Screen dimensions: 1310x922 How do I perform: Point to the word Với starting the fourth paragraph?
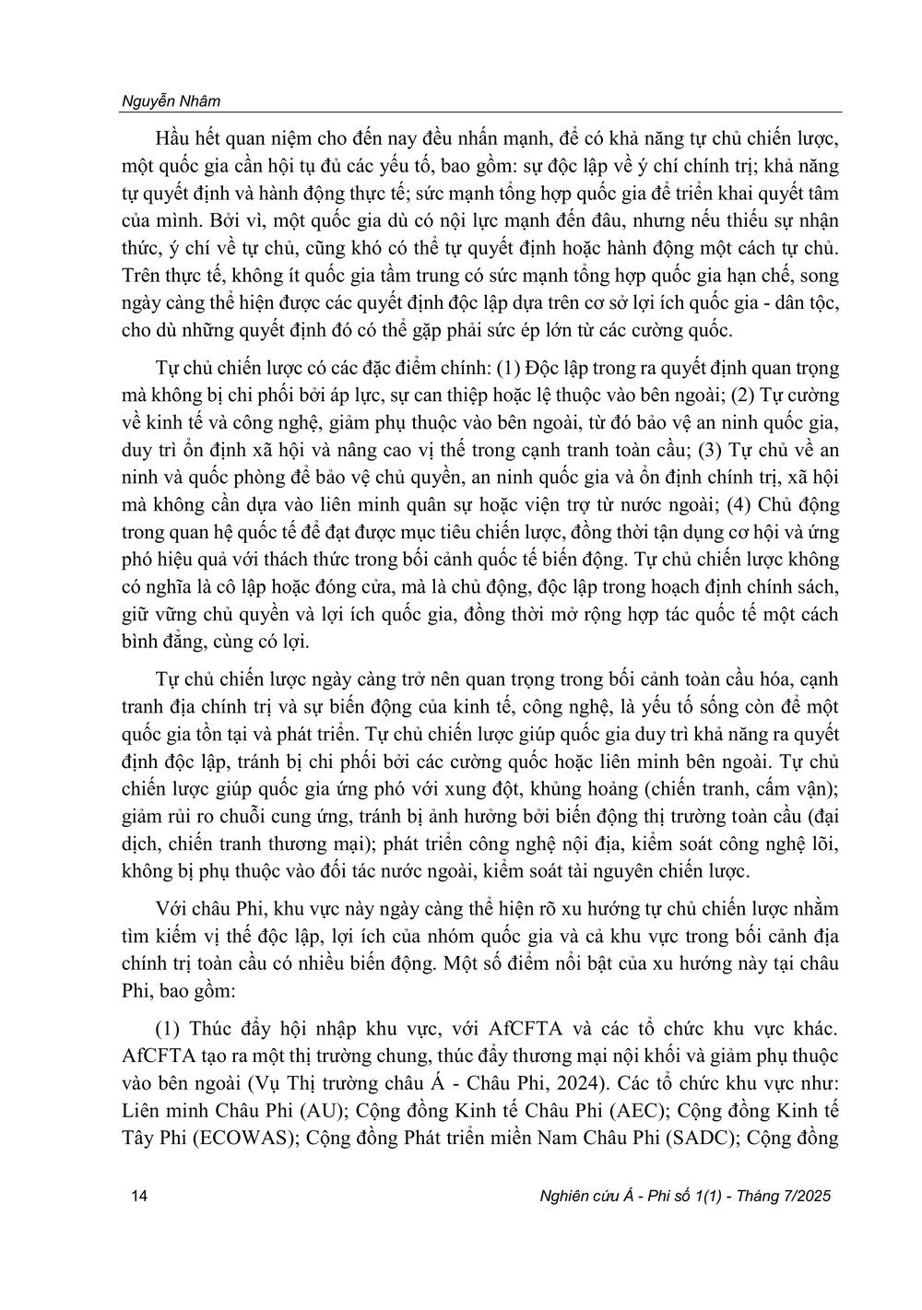pyautogui.click(x=172, y=909)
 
